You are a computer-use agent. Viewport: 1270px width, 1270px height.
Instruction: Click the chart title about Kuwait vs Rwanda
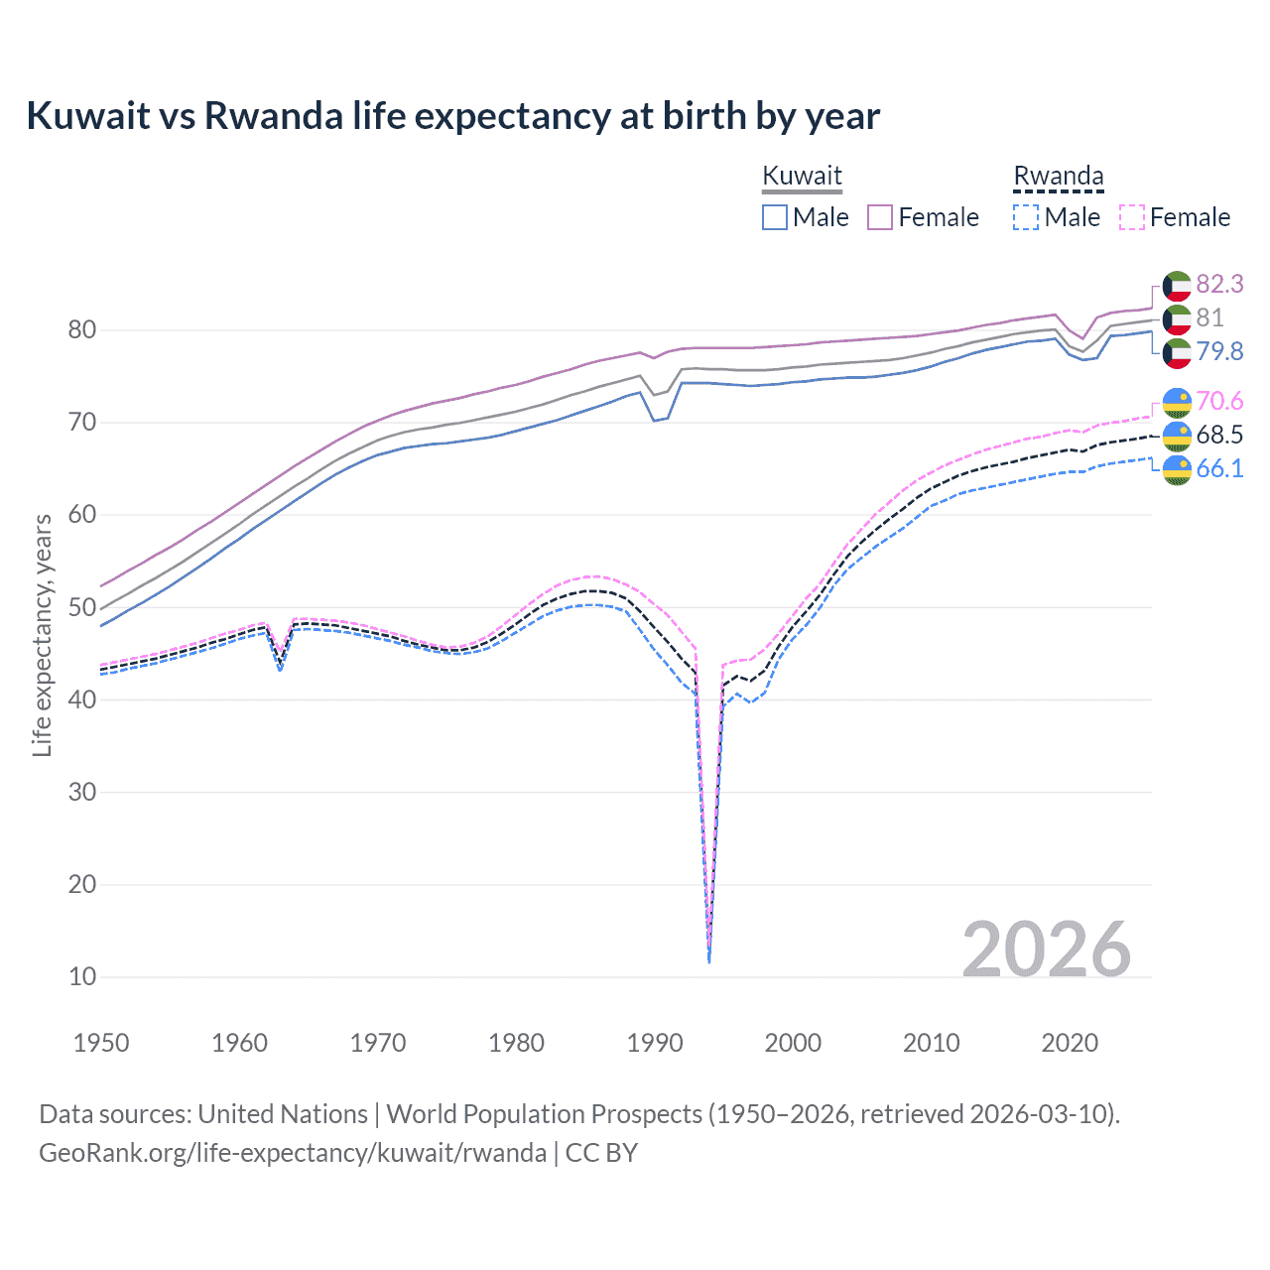pos(452,116)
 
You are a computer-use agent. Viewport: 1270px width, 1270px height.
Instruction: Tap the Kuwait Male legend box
pos(775,217)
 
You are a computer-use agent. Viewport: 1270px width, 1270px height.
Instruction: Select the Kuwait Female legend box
pos(880,217)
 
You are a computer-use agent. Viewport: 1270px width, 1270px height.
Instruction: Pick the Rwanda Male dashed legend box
pos(1026,217)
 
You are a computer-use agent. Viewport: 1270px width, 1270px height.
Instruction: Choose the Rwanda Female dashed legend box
pos(1132,217)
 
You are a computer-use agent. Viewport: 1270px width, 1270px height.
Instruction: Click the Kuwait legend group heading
pos(802,176)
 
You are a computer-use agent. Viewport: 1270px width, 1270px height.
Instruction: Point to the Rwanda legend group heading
pos(1058,176)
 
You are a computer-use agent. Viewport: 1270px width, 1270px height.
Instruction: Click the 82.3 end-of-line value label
pos(1219,285)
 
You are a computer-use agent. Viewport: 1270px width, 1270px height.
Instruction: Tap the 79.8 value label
pos(1219,352)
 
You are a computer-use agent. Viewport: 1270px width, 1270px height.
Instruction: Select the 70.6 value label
pos(1219,402)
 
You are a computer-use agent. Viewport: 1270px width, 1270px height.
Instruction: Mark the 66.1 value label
pos(1219,469)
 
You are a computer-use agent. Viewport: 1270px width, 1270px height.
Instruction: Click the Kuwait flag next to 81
pos(1177,318)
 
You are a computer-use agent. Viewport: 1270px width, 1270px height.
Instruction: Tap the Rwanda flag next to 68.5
pos(1177,436)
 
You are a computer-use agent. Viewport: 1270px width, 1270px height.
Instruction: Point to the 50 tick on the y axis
pos(82,607)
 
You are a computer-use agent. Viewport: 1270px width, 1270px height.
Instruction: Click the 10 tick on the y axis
pos(82,976)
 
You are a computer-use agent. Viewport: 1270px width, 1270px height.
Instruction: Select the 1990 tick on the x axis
pos(655,1043)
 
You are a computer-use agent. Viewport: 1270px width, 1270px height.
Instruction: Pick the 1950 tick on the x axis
pos(102,1043)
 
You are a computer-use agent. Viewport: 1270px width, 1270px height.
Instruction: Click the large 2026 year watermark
pos(1046,950)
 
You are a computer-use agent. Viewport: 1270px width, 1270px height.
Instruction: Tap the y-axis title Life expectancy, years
pos(42,635)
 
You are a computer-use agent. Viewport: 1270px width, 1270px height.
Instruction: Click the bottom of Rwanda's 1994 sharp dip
pos(708,959)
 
